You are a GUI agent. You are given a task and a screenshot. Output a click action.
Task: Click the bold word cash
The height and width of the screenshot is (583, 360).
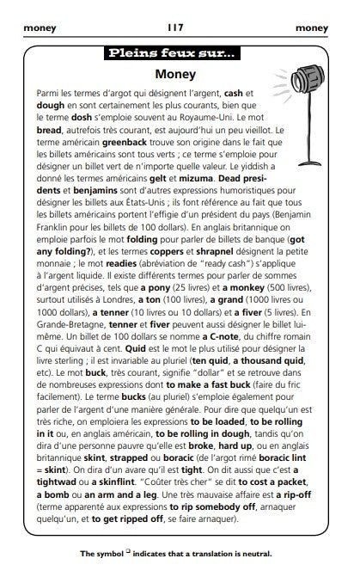click(x=234, y=91)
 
